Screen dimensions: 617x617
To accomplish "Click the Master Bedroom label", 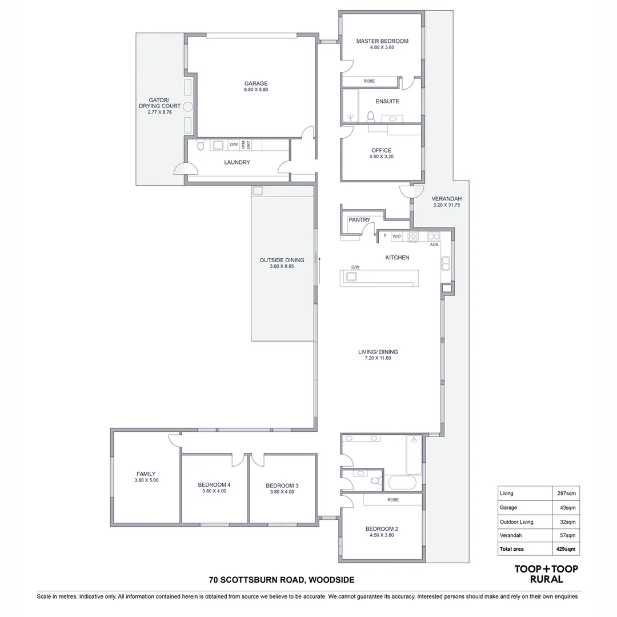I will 382,41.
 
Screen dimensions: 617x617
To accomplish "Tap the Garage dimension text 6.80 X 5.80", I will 256,90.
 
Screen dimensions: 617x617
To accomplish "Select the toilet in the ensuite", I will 370,117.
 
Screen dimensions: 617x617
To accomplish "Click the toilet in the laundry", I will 200,146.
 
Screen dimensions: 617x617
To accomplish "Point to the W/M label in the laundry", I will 243,145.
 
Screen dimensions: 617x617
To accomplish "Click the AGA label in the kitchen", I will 434,245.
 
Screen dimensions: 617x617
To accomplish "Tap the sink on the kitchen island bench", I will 351,277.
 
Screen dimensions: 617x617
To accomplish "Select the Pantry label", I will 359,220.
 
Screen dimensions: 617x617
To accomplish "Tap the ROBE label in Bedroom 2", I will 392,499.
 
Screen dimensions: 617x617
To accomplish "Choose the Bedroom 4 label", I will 214,484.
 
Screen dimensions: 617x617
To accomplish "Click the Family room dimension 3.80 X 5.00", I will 146,480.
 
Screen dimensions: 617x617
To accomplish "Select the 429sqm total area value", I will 566,549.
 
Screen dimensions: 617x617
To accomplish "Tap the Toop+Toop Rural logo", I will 546,574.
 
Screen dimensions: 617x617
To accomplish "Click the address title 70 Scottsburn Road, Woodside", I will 282,580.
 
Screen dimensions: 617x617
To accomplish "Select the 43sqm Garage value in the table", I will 568,507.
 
